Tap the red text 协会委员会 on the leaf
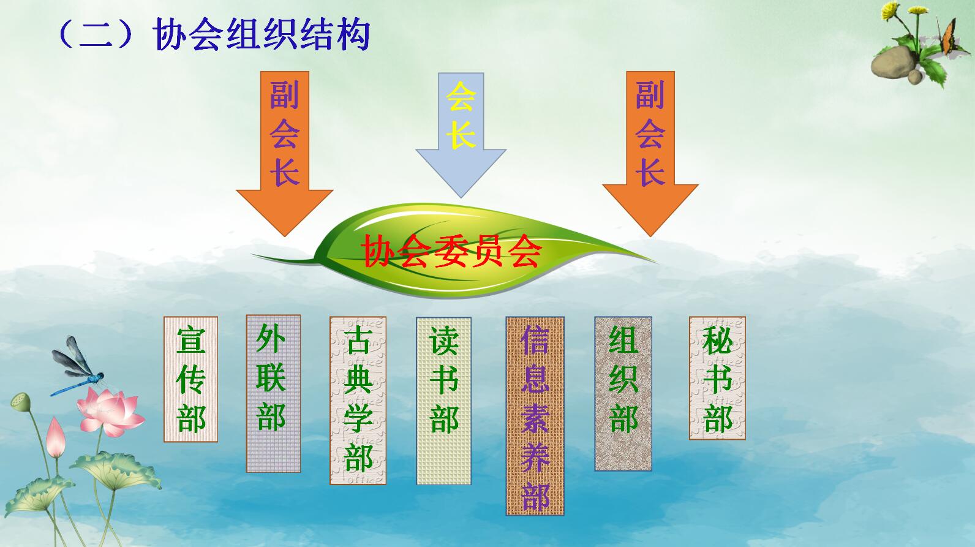click(x=451, y=251)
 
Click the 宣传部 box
click(x=190, y=379)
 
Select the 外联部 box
click(x=273, y=394)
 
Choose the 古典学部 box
click(x=358, y=400)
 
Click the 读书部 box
click(x=443, y=401)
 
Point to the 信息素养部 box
click(x=535, y=416)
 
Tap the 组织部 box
click(x=623, y=394)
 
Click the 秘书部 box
click(x=717, y=378)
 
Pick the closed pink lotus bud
click(x=56, y=438)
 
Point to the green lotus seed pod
click(x=20, y=402)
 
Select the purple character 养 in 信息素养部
click(x=535, y=458)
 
